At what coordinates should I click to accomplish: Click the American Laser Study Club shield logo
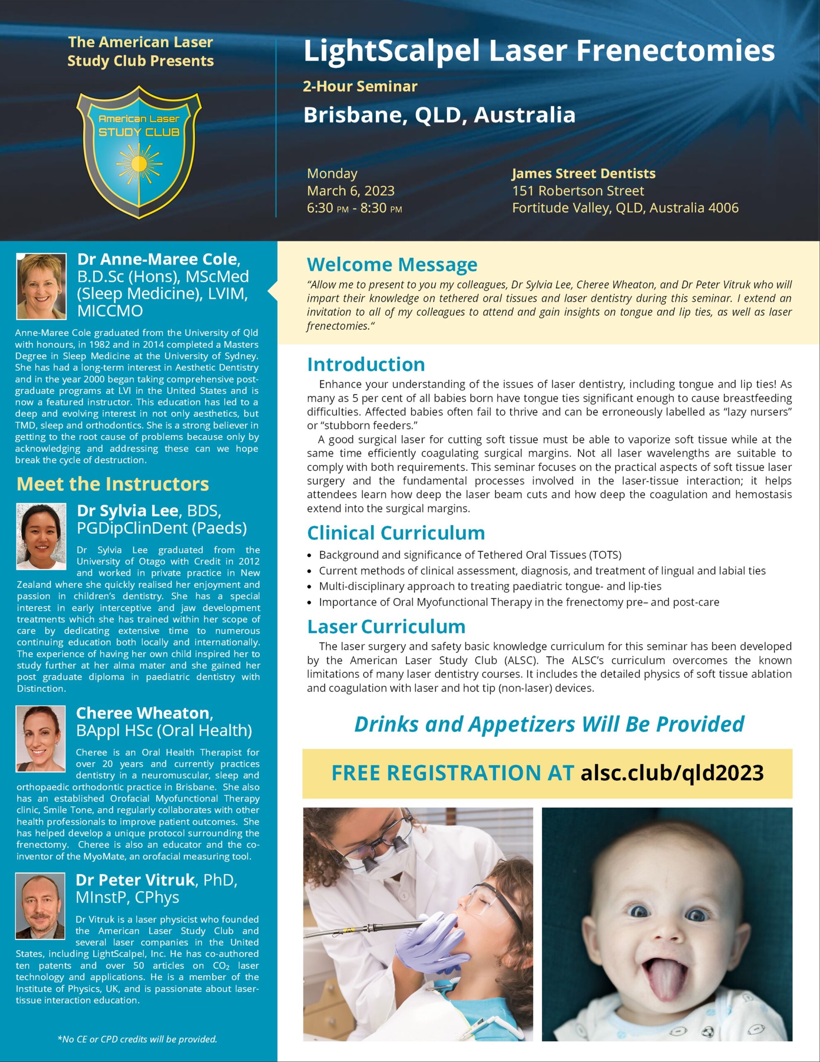139,152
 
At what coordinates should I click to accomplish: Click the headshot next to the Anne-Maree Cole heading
41,286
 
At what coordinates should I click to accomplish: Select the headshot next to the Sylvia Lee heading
41,536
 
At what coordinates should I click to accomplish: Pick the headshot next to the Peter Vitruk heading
40,906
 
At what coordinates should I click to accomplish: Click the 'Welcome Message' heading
392,265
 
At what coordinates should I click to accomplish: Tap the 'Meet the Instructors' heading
113,484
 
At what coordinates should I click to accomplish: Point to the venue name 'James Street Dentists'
583,173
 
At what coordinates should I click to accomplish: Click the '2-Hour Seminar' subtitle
360,87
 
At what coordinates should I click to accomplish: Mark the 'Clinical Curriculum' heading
395,533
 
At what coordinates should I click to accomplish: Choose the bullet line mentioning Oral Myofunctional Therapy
519,602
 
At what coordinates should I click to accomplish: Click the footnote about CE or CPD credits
137,1039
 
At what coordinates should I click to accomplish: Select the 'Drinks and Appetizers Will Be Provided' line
549,724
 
